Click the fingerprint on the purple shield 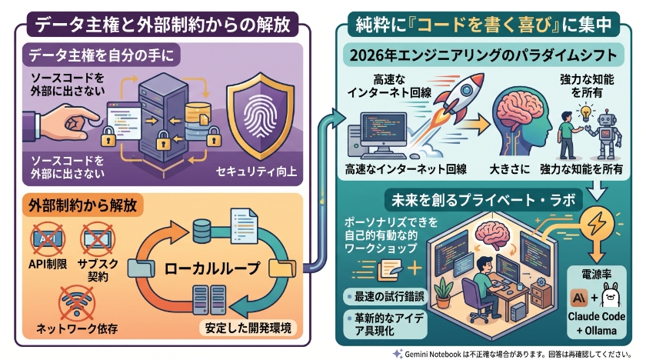pyautogui.click(x=260, y=117)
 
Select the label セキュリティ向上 pyautogui.click(x=256, y=171)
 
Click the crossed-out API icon pyautogui.click(x=48, y=238)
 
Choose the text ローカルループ pyautogui.click(x=211, y=268)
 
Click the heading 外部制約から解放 pyautogui.click(x=82, y=205)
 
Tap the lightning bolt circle pyautogui.click(x=597, y=223)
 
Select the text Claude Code pyautogui.click(x=596, y=316)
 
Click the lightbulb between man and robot pyautogui.click(x=585, y=112)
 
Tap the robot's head pyautogui.click(x=606, y=118)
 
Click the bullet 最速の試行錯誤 pyautogui.click(x=385, y=297)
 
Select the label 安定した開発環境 pyautogui.click(x=248, y=328)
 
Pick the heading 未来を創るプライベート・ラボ pyautogui.click(x=483, y=201)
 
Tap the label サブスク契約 pyautogui.click(x=98, y=270)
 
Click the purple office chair pyautogui.click(x=476, y=299)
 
